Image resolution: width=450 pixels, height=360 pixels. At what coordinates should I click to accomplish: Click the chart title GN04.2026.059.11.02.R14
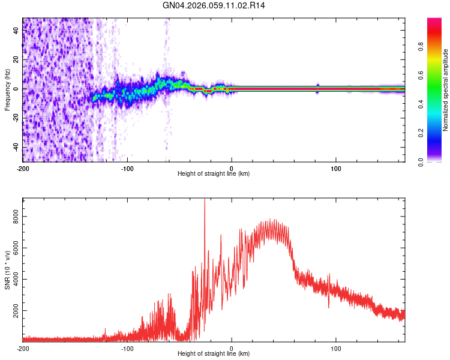(x=214, y=5)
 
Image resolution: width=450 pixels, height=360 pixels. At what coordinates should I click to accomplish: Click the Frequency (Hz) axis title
(x=7, y=89)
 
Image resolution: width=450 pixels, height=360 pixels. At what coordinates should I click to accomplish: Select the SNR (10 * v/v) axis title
(x=7, y=269)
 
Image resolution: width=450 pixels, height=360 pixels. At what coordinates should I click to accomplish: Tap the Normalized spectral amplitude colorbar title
(x=445, y=90)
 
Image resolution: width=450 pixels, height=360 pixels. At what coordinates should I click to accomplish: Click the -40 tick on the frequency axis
(x=16, y=148)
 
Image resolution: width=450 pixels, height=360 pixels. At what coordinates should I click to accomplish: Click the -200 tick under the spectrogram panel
(x=23, y=167)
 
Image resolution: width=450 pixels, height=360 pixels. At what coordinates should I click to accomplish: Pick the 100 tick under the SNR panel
(x=337, y=347)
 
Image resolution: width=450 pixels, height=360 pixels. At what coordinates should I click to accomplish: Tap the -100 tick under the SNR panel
(x=127, y=347)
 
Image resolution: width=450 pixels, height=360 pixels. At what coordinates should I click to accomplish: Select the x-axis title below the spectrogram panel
(x=214, y=174)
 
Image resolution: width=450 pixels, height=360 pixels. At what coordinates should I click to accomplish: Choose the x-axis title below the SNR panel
(x=214, y=354)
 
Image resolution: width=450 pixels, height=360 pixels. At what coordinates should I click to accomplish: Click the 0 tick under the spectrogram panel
(x=232, y=167)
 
